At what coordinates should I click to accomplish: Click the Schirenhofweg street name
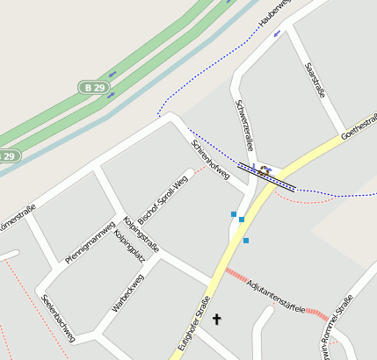pyautogui.click(x=210, y=161)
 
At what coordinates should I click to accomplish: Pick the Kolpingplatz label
pyautogui.click(x=127, y=246)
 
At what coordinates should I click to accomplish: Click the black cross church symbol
pyautogui.click(x=216, y=320)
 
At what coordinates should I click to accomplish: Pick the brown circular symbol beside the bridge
pyautogui.click(x=263, y=169)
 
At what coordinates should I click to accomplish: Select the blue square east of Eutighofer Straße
pyautogui.click(x=246, y=241)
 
